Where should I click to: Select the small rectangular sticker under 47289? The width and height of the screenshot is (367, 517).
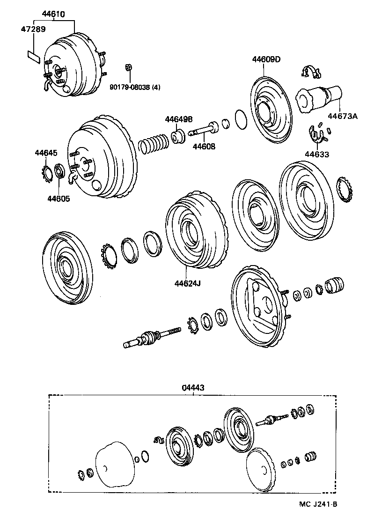point(32,56)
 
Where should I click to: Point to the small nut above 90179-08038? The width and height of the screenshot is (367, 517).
point(128,67)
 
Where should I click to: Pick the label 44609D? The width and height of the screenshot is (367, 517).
point(266,59)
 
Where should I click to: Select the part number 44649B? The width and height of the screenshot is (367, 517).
point(178,119)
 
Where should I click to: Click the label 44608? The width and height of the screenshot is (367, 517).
point(204,147)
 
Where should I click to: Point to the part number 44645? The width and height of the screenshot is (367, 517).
point(46,153)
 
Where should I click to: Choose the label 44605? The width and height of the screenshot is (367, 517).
point(59,198)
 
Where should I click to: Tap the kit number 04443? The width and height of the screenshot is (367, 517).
point(193,388)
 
